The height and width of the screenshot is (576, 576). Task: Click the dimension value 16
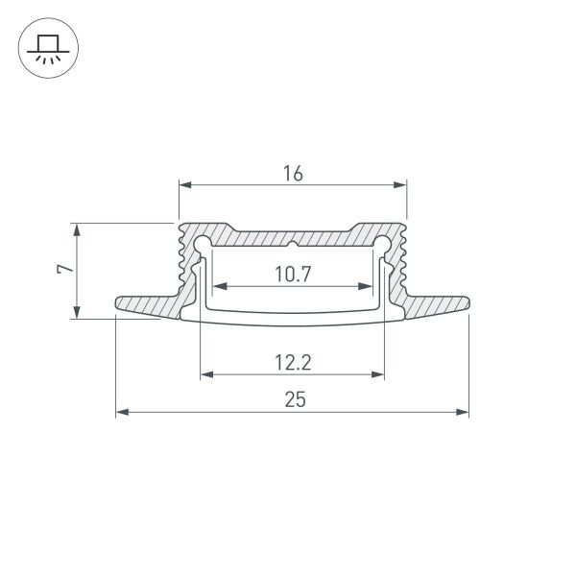[x=293, y=174]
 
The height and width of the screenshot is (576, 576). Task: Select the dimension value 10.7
[x=293, y=276]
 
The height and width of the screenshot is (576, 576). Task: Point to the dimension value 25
[x=294, y=401]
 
